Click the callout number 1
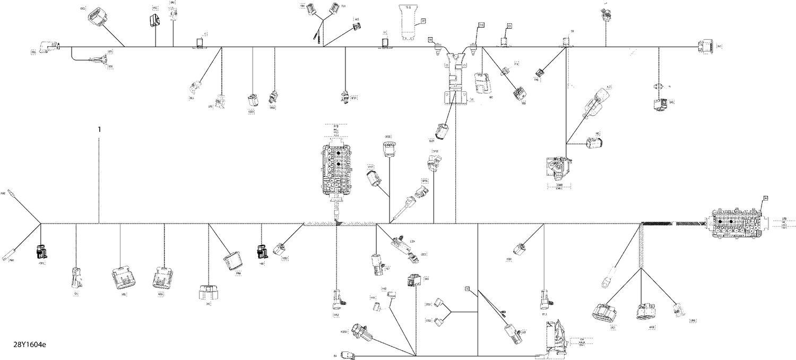[x=98, y=129]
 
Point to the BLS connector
[x=195, y=87]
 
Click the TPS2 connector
[x=273, y=96]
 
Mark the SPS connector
[x=660, y=104]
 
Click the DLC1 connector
[x=442, y=131]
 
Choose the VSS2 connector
[x=279, y=248]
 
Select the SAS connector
[x=414, y=280]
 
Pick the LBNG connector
[x=677, y=310]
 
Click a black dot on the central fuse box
[x=338, y=152]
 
